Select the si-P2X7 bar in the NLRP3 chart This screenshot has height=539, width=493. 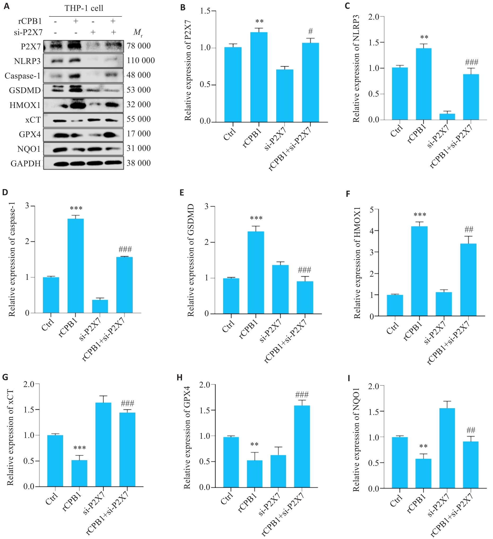(x=447, y=116)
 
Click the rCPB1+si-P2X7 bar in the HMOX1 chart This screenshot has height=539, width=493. (x=468, y=280)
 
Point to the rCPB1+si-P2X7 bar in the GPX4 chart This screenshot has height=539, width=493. (x=302, y=446)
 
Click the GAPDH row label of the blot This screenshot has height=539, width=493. (x=26, y=163)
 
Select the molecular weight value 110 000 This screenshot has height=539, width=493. (x=140, y=60)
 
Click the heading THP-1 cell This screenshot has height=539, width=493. (x=84, y=8)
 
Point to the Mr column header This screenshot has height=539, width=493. (x=138, y=32)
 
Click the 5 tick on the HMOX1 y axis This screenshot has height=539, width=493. (x=372, y=210)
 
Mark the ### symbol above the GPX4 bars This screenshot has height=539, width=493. (x=302, y=395)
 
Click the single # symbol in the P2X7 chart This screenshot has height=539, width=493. (x=310, y=31)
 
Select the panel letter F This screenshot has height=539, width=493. (x=348, y=194)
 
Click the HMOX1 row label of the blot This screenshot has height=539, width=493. (x=25, y=105)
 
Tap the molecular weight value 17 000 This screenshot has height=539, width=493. (x=138, y=134)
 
